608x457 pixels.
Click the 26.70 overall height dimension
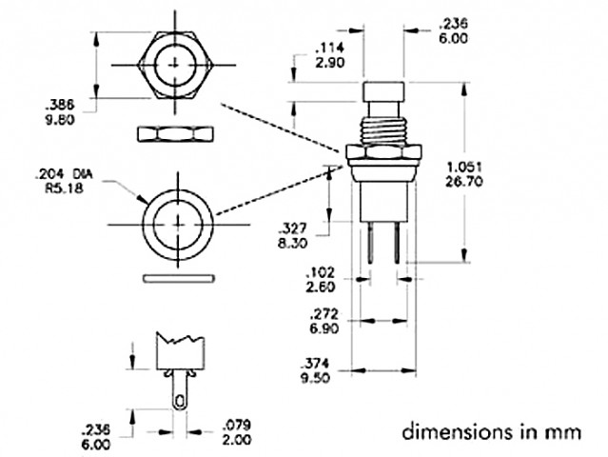464,182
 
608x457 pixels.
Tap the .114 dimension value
329,49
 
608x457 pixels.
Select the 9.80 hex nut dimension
60,120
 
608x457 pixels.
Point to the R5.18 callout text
65,189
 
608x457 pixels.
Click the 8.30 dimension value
292,243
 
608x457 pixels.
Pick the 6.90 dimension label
324,328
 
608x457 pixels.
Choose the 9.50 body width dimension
316,377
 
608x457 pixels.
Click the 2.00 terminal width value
237,440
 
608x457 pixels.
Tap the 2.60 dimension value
321,288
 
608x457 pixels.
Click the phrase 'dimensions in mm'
492,432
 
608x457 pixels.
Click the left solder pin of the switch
371,242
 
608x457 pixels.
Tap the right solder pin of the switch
396,242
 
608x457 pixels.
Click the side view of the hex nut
176,134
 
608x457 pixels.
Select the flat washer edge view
179,279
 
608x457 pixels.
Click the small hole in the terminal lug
179,402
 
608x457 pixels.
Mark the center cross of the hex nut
176,65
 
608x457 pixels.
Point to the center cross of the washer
178,225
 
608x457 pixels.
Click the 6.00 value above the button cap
453,38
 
